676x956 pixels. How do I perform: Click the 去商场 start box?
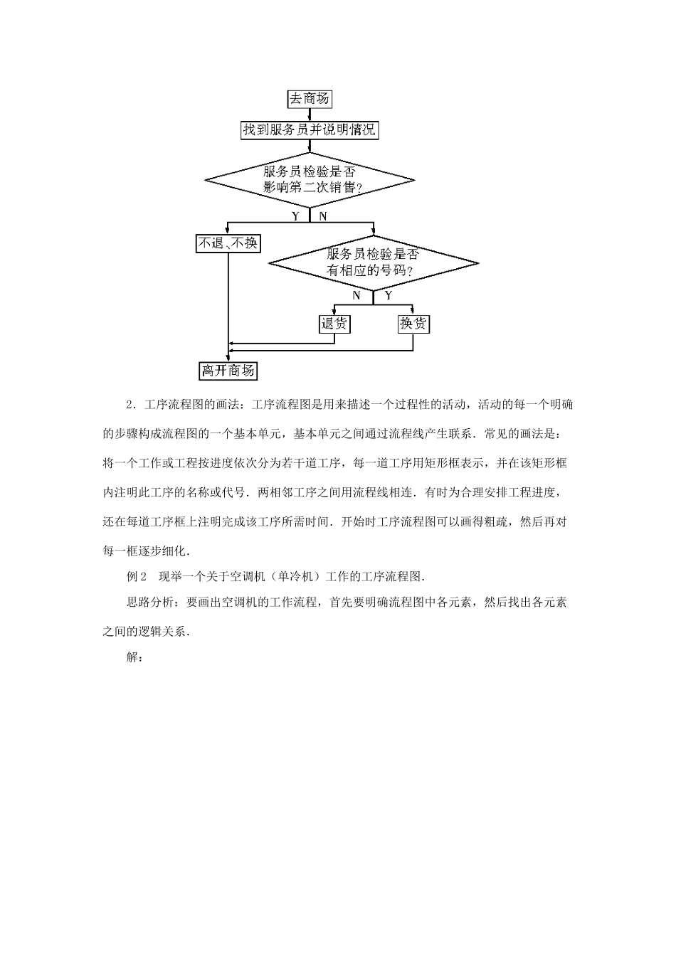coord(310,99)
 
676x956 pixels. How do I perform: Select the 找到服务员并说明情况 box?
coord(310,130)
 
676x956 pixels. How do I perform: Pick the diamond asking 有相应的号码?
coord(373,262)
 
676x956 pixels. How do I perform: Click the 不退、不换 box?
coord(228,243)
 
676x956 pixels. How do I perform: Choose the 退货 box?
coord(334,324)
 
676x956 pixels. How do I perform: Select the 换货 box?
coord(413,324)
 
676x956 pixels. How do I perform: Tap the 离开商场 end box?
coord(228,371)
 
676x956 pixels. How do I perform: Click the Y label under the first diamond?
coord(295,216)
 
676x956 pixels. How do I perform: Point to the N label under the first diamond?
coord(322,216)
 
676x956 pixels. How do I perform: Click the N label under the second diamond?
coord(357,295)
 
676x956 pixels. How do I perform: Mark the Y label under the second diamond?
coord(388,295)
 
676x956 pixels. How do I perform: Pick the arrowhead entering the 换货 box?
coord(413,312)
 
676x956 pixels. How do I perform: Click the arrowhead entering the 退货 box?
coord(334,312)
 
